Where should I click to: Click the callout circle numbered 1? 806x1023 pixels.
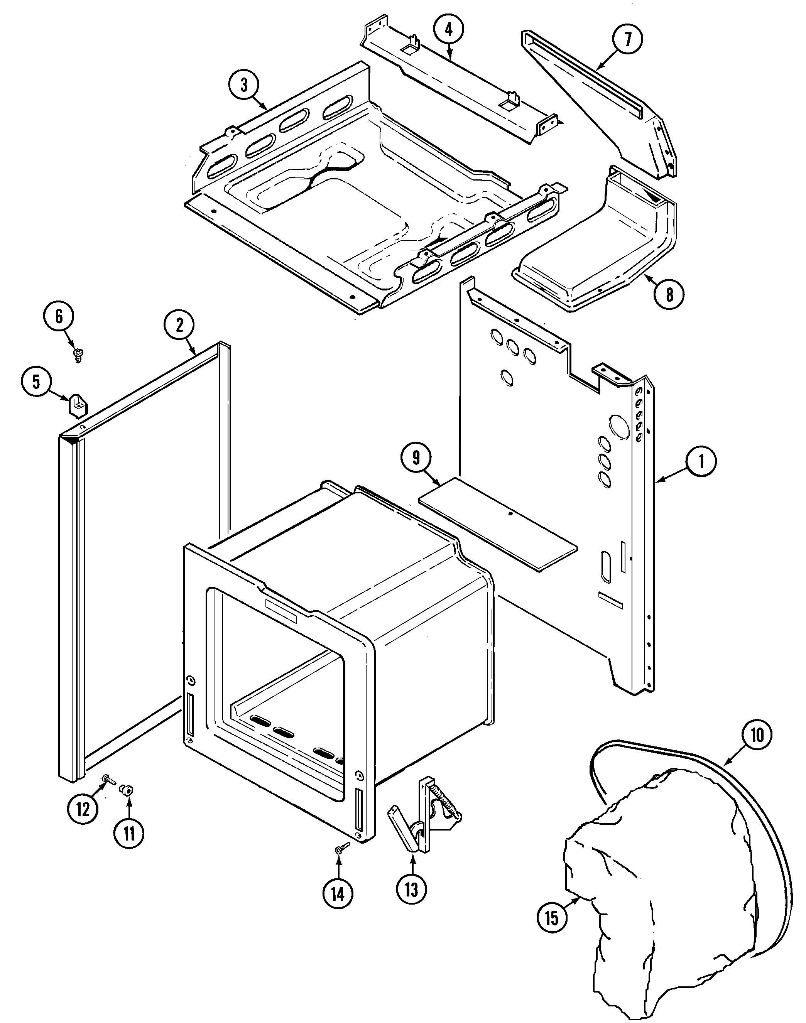coord(701,461)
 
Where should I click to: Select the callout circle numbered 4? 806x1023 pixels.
coord(448,30)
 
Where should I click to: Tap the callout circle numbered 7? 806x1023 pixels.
coord(628,40)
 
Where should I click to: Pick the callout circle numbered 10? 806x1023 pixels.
coord(757,735)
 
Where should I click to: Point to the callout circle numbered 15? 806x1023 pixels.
coord(552,918)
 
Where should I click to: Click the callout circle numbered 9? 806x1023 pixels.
coord(416,458)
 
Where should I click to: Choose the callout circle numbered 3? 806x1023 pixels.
coord(243,85)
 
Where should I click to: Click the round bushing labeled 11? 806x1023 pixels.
coord(127,789)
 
